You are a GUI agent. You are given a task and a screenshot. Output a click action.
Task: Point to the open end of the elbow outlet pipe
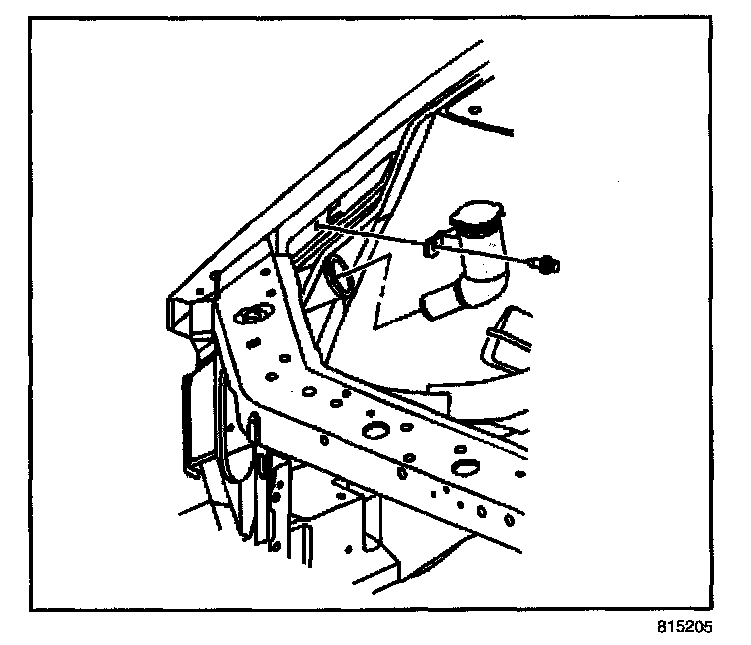click(x=429, y=307)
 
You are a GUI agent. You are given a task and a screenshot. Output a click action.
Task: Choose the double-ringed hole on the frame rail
click(x=248, y=318)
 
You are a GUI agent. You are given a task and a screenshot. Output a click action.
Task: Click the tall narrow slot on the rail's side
click(x=254, y=440)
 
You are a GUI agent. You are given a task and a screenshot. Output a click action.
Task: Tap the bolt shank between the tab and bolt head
click(x=499, y=256)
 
